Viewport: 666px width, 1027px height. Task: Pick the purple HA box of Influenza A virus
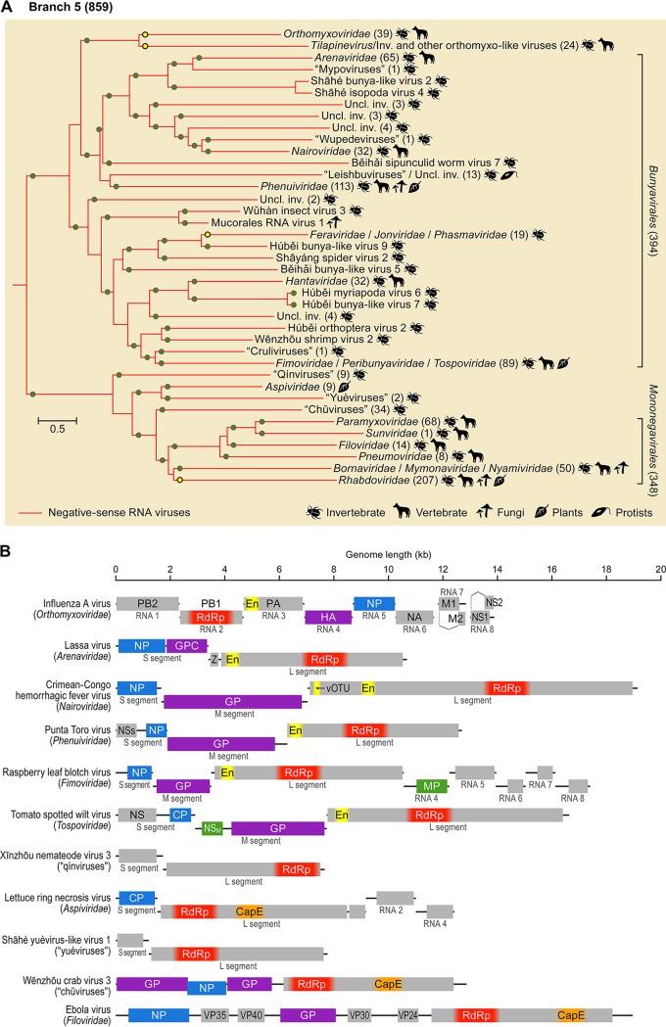click(328, 617)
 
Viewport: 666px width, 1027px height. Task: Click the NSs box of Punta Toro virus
click(126, 729)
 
